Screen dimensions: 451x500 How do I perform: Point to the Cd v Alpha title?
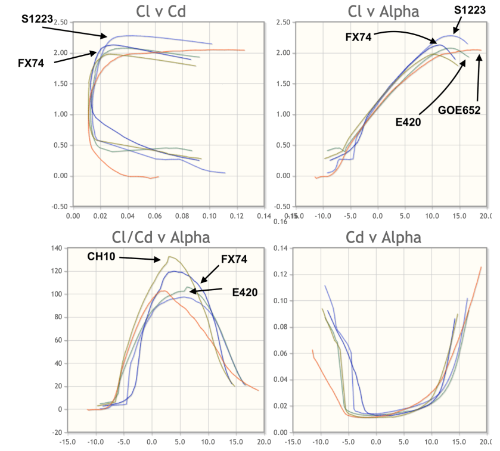(383, 238)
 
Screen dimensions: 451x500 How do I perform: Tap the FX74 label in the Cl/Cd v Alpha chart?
(234, 260)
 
